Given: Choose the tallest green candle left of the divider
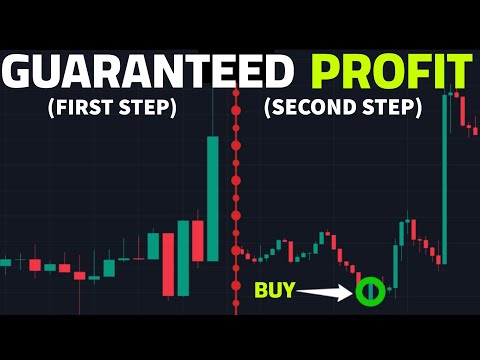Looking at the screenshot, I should [x=213, y=196].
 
